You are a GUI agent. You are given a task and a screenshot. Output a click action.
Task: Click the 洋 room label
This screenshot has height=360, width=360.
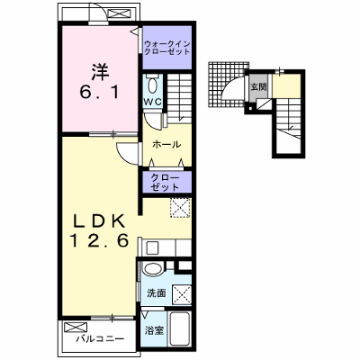click(101, 72)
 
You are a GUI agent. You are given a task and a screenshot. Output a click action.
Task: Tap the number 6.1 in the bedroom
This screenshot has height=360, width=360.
click(99, 94)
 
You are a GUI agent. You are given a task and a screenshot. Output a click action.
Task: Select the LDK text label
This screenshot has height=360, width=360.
click(99, 221)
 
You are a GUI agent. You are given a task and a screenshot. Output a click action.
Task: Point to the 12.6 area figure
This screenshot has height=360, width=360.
click(99, 240)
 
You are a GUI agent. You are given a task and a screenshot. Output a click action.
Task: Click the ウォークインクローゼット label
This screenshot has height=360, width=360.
click(167, 48)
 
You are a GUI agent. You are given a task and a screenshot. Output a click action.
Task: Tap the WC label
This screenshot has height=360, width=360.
click(153, 102)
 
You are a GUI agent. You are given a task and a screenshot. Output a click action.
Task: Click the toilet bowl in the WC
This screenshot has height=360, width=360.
click(152, 85)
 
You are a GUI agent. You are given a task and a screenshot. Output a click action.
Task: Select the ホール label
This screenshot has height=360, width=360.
click(166, 145)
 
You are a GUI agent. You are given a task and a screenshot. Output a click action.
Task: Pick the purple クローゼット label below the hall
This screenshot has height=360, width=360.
click(165, 183)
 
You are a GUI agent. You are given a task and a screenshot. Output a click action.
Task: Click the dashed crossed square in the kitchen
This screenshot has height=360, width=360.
click(180, 207)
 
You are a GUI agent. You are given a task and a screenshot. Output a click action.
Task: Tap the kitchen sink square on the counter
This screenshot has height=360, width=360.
click(152, 247)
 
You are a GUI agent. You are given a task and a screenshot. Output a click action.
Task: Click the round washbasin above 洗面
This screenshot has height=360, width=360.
click(153, 268)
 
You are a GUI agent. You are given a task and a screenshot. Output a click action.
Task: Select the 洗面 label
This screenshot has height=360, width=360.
click(157, 293)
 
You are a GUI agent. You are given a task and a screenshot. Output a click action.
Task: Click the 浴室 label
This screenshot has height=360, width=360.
click(154, 331)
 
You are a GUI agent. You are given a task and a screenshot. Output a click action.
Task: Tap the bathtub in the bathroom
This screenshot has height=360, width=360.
click(180, 328)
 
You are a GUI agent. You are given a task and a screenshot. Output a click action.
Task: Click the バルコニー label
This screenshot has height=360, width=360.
click(100, 339)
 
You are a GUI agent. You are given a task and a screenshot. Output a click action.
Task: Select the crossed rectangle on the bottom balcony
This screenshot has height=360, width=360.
click(76, 328)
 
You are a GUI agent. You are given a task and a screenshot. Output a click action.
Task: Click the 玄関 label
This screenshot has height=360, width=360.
click(258, 87)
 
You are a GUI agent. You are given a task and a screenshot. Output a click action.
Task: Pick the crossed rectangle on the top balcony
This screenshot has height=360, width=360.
click(119, 13)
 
